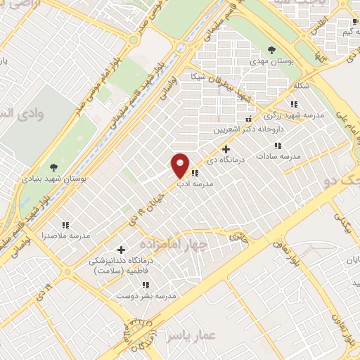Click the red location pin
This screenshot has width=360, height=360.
(x=181, y=165)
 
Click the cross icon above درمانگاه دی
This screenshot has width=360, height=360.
(x=226, y=148)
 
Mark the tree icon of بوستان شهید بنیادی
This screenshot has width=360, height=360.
(x=53, y=167)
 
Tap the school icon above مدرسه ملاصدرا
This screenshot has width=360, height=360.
(x=65, y=226)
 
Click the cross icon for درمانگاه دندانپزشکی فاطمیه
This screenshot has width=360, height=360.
(x=121, y=249)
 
